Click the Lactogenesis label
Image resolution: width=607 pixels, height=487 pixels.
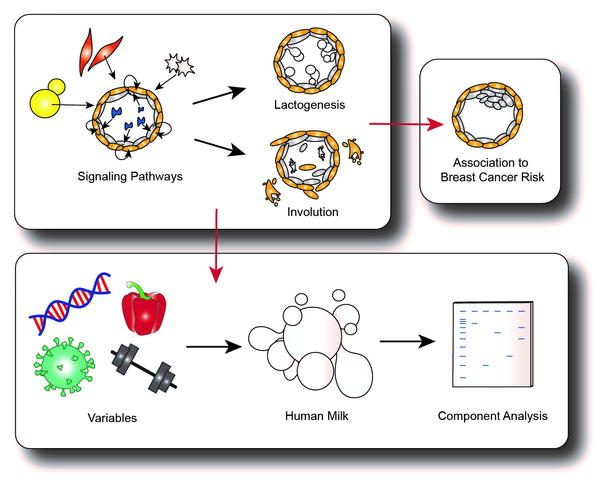pos(309,105)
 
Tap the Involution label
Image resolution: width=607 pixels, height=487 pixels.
pos(313,212)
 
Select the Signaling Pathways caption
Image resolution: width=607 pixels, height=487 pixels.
pos(130,177)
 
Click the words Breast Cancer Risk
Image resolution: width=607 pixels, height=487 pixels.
pos(492,178)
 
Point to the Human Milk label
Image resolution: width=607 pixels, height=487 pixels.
pos(317,416)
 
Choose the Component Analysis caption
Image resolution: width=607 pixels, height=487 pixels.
pos(492,416)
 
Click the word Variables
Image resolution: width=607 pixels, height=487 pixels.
pos(112,418)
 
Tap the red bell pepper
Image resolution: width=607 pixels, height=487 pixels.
pos(144,313)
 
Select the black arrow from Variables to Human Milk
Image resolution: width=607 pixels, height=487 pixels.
pos(214,346)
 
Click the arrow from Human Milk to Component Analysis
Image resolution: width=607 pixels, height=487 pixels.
pos(407,341)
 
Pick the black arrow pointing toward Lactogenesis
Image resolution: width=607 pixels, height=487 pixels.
pos(219,96)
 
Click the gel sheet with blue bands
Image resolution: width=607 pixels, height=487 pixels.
pos(492,344)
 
